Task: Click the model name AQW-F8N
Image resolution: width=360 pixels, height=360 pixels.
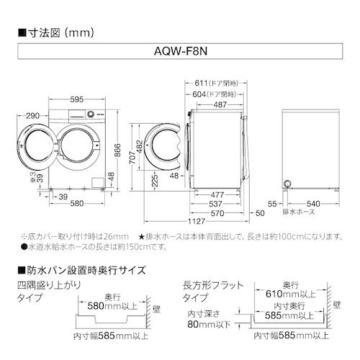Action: click(179, 53)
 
